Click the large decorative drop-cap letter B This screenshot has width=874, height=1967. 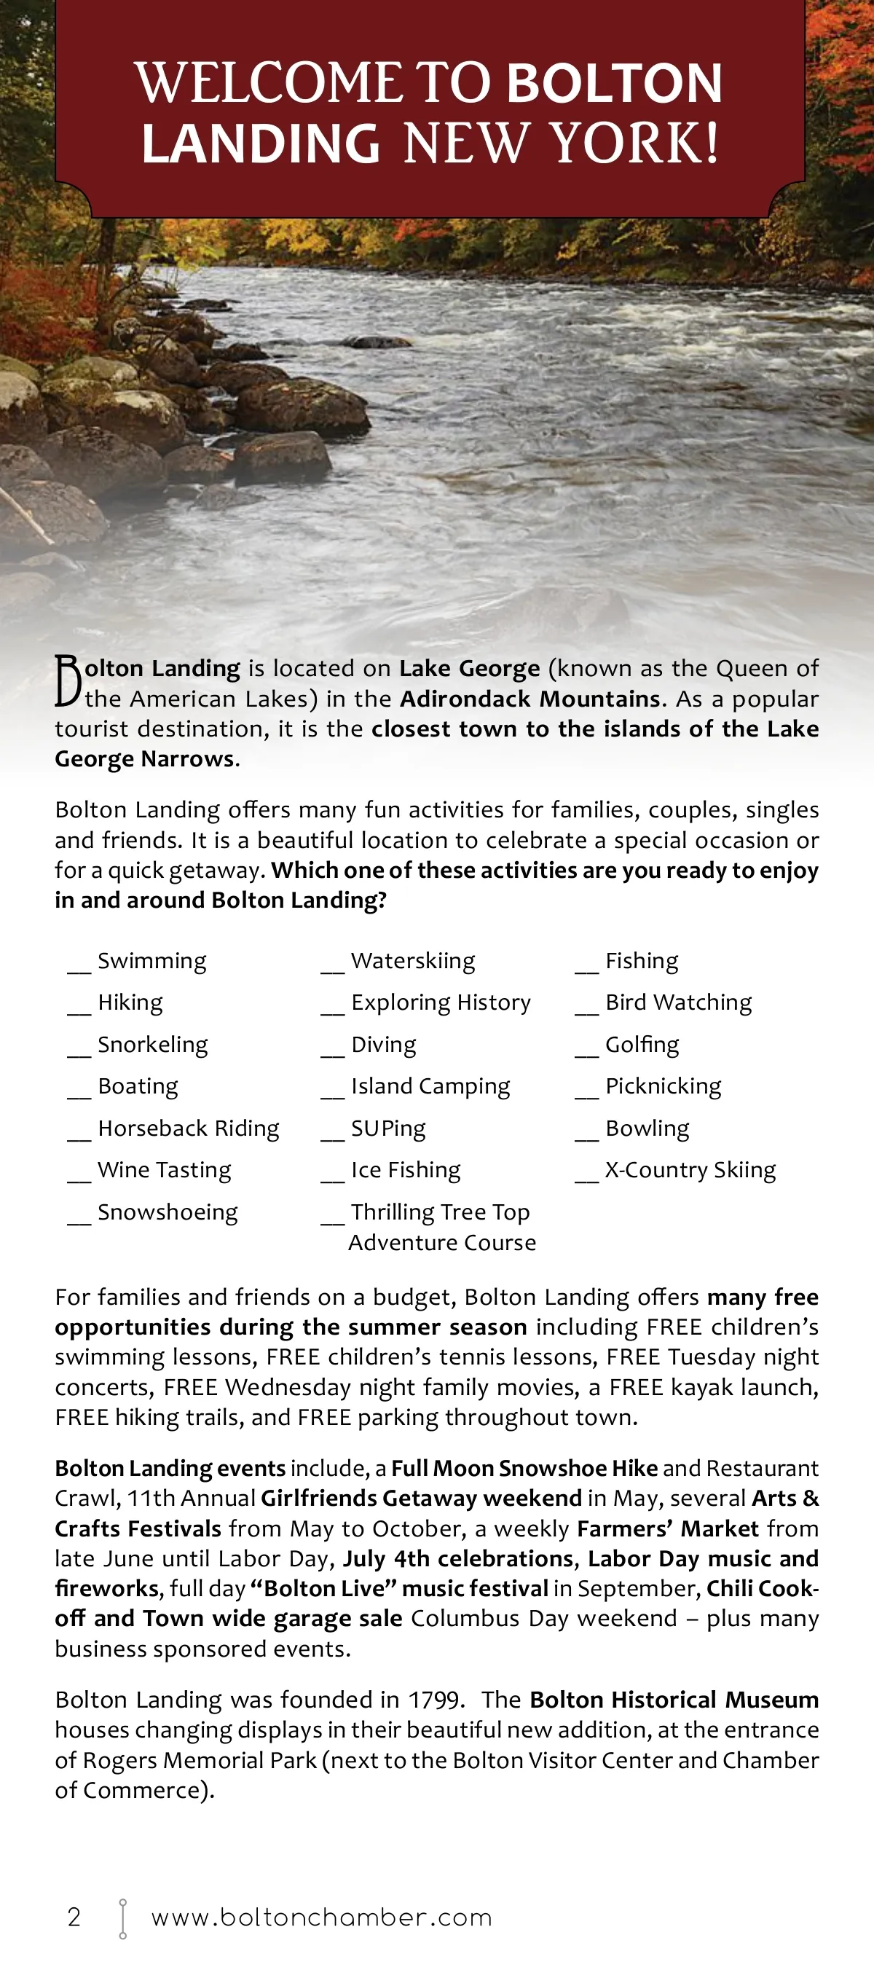point(68,680)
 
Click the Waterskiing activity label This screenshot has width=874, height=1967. point(413,961)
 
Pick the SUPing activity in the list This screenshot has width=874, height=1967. point(388,1128)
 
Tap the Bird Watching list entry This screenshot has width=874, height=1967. point(679,1002)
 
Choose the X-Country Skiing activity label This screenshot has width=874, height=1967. point(690,1170)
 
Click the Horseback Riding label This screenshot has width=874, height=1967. point(189,1128)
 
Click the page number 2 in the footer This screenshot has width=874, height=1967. point(74,1917)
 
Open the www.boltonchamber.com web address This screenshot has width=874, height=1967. point(321,1917)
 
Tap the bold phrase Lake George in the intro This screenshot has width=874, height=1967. point(470,668)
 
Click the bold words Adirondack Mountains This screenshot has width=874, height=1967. point(529,699)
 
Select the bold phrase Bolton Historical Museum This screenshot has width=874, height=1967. point(674,1700)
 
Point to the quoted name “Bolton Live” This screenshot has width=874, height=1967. point(323,1589)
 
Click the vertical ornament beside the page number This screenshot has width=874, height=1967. point(123,1918)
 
